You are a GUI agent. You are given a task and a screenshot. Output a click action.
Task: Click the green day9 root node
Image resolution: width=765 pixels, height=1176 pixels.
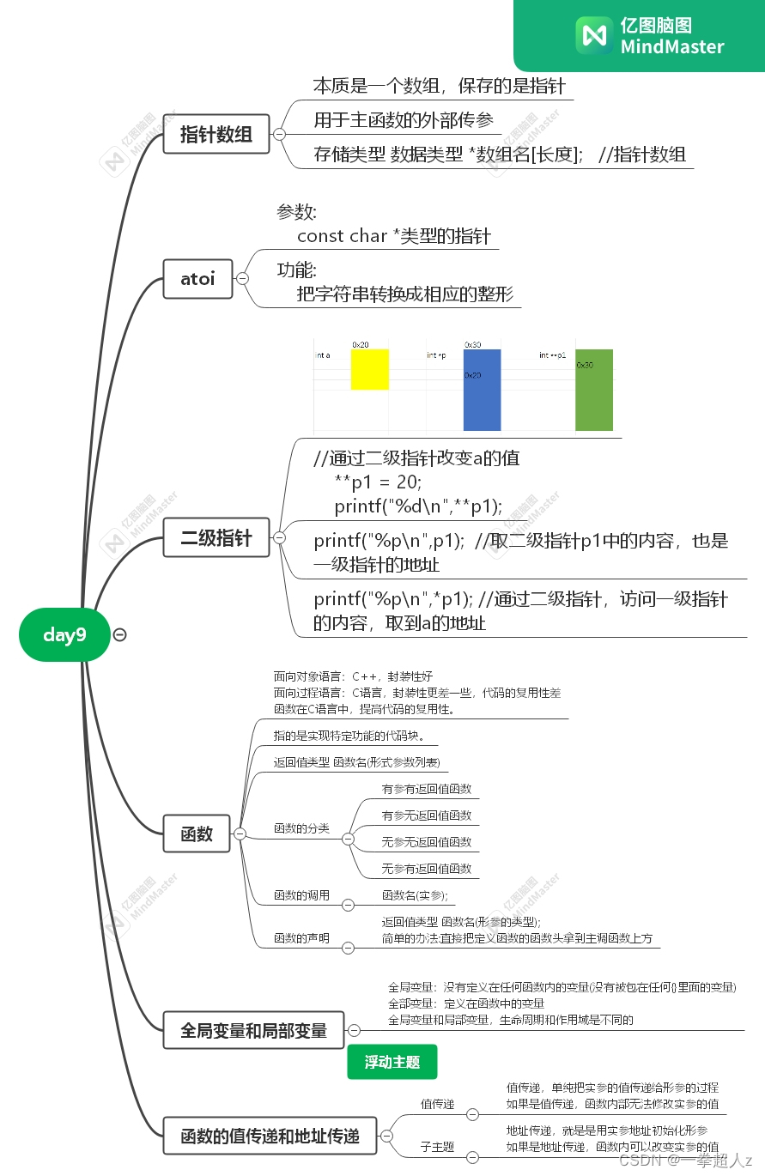(64, 635)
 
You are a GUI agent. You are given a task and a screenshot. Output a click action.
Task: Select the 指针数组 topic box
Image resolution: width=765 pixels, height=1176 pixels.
(216, 134)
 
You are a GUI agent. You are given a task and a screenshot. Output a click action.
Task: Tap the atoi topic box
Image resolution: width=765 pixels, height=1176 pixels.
(197, 279)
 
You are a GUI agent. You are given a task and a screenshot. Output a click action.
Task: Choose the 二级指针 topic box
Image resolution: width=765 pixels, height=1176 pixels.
(216, 538)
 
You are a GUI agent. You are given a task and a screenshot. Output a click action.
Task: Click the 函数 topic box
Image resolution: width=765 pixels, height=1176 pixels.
(197, 834)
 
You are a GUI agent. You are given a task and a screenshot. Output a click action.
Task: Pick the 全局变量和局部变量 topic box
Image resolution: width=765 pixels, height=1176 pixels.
(253, 1030)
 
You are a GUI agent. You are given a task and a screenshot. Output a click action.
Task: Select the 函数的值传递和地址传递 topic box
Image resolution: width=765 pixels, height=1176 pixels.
(270, 1137)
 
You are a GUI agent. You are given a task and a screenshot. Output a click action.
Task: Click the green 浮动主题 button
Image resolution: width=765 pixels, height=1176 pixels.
(392, 1062)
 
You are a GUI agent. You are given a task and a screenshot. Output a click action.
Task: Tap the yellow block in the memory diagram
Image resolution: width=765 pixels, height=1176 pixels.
(369, 369)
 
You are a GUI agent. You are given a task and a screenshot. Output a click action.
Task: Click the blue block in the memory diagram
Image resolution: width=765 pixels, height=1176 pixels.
(482, 390)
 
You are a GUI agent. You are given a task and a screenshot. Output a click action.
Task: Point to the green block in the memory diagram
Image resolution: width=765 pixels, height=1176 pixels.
(594, 390)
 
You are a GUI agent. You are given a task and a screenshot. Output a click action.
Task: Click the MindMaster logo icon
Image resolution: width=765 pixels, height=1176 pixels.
(594, 35)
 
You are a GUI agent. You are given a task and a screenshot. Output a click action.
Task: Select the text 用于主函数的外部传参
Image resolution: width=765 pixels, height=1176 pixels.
(404, 120)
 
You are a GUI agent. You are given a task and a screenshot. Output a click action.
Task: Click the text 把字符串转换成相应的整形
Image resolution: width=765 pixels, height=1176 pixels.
(404, 294)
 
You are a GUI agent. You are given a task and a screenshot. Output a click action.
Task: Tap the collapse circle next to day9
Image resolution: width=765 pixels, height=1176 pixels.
(120, 635)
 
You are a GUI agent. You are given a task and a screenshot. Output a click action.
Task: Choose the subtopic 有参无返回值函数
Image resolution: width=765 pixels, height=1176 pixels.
(427, 815)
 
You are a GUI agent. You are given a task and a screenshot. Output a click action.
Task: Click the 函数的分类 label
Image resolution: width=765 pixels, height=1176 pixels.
(301, 828)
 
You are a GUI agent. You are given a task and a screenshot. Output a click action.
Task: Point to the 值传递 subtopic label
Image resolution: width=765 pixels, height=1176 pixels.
(437, 1104)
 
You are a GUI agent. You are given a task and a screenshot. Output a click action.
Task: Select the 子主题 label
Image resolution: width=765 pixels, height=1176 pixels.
(437, 1147)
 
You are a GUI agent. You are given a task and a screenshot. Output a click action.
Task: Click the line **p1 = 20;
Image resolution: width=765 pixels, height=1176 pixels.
(379, 482)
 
